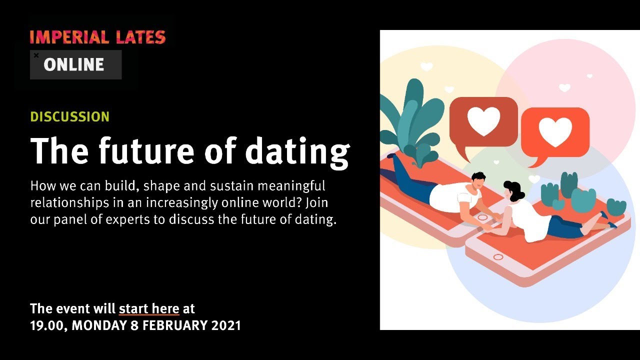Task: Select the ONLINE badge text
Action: pos(73,64)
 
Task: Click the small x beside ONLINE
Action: pos(36,55)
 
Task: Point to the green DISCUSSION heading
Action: pos(70,117)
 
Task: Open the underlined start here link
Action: pos(149,309)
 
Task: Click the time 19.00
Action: pos(47,325)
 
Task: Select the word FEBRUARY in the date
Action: pos(175,325)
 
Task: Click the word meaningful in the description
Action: pos(291,186)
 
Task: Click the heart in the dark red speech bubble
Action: pos(483,121)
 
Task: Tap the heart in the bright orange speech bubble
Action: pos(555,132)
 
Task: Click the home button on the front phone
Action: pos(498,257)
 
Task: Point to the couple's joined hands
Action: pos(485,227)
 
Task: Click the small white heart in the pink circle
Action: pos(564,87)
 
